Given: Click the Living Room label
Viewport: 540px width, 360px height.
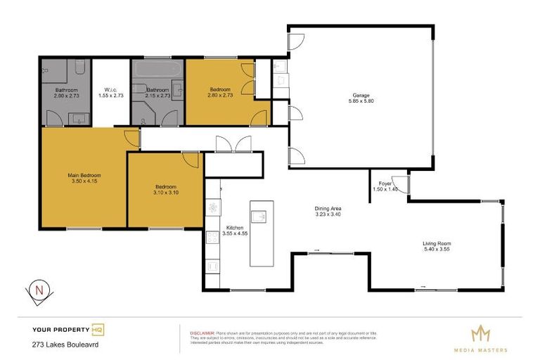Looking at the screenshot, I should pyautogui.click(x=436, y=243).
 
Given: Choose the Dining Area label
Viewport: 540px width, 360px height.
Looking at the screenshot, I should pyautogui.click(x=328, y=208).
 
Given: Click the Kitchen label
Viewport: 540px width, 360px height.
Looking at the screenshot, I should pyautogui.click(x=234, y=228).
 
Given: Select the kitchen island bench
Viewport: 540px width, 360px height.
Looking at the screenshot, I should pyautogui.click(x=261, y=232).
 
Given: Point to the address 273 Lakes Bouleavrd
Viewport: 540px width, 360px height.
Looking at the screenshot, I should pyautogui.click(x=65, y=345).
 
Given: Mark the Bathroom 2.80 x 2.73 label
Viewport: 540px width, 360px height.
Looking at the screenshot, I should pyautogui.click(x=67, y=93).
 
